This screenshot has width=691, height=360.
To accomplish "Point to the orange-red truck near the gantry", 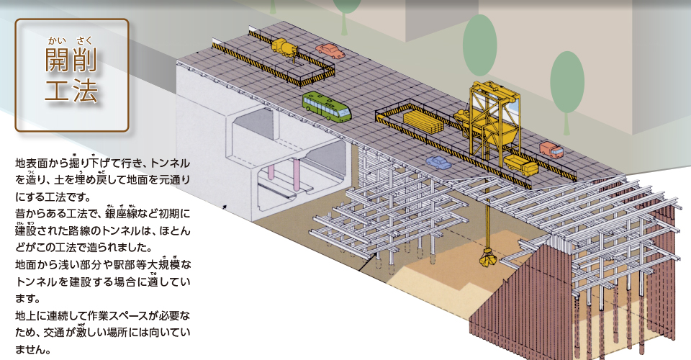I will [551, 150].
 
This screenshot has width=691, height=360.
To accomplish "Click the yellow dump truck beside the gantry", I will [520, 165].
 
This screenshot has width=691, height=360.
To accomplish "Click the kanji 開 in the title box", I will [57, 60].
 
